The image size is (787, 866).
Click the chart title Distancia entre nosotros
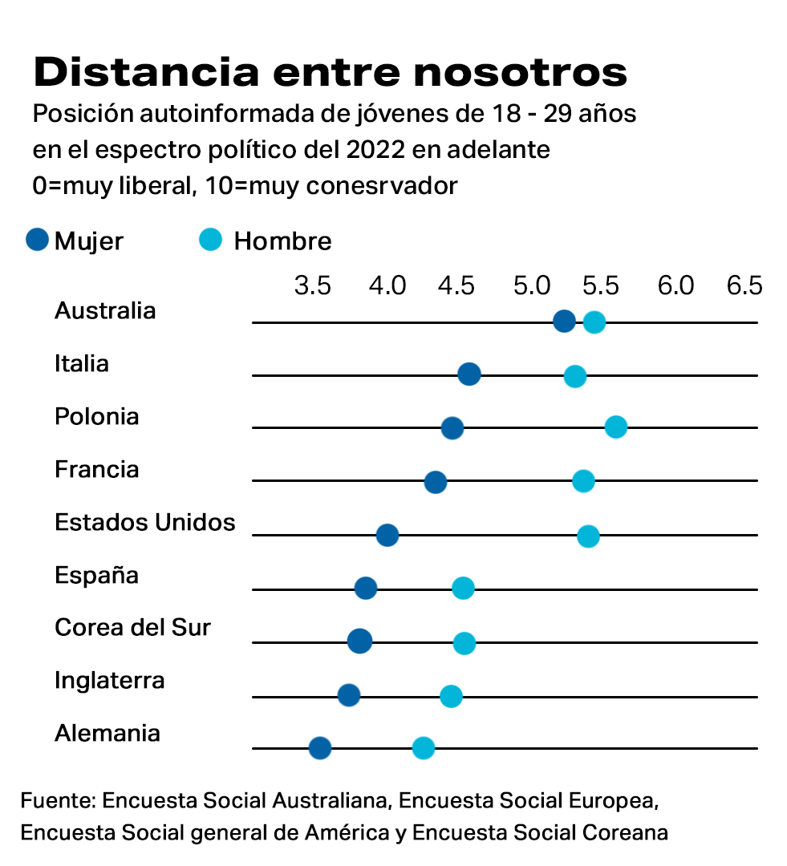[330, 72]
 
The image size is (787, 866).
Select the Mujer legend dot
[38, 240]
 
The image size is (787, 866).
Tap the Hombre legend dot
[211, 240]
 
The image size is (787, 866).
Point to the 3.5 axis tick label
[313, 285]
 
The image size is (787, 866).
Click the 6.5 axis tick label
[744, 285]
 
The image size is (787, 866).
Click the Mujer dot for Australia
[565, 322]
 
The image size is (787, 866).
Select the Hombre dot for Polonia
[615, 427]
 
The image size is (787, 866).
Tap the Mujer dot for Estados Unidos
[387, 535]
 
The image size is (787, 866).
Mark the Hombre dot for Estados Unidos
[588, 536]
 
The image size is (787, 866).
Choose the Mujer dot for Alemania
[320, 748]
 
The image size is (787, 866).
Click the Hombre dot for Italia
[574, 375]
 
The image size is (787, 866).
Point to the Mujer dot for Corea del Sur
[359, 641]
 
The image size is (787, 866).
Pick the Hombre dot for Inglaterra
[451, 695]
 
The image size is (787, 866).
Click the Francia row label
[96, 470]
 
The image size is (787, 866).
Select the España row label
[96, 576]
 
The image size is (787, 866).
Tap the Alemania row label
[107, 734]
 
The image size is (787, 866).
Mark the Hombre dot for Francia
[583, 481]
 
